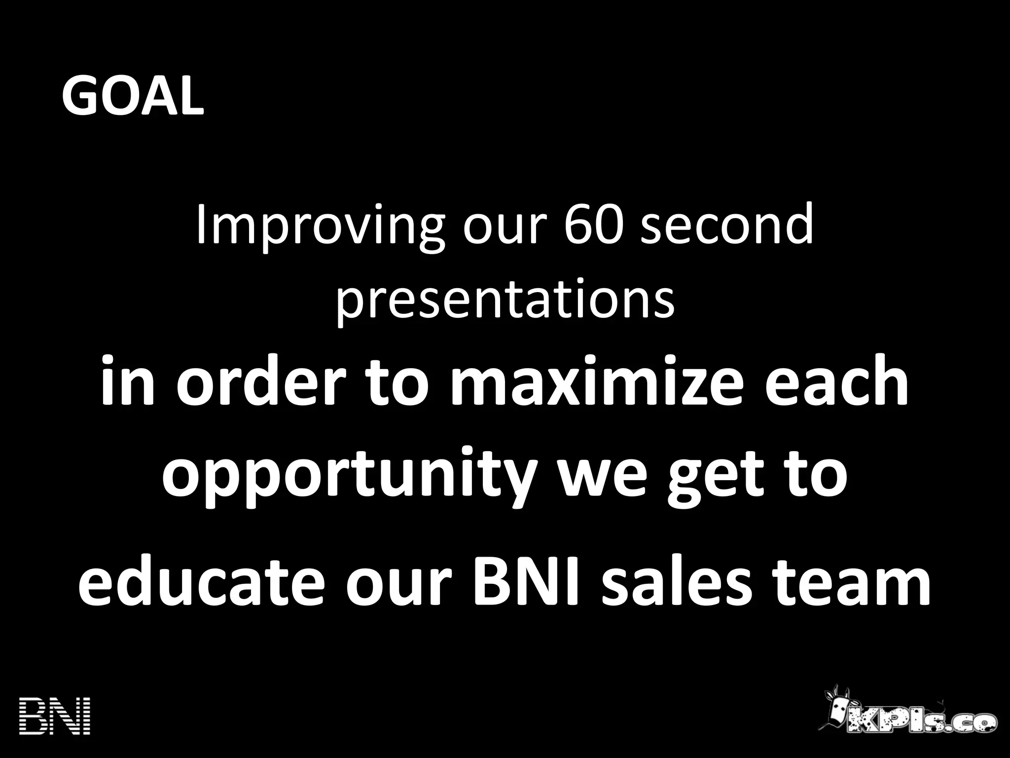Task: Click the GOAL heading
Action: (132, 96)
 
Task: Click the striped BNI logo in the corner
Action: (55, 716)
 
